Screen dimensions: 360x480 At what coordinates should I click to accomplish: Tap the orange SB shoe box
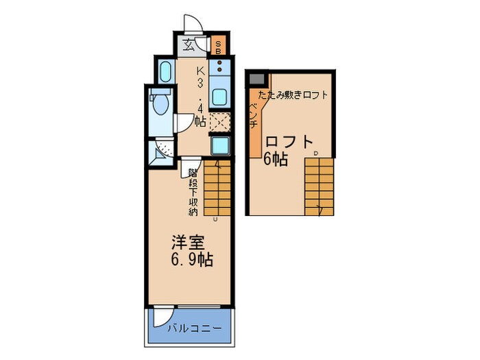[x=218, y=47]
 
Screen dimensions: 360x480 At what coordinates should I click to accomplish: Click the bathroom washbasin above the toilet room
[x=165, y=71]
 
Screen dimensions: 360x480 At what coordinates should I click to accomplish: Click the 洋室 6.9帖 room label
[x=191, y=251]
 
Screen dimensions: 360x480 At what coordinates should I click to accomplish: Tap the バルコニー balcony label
[x=195, y=329]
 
